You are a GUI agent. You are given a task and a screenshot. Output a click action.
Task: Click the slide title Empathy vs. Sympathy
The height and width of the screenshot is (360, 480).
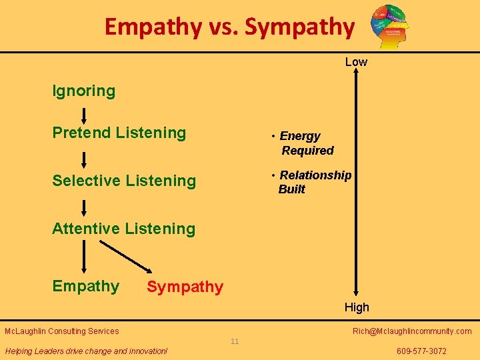pyautogui.click(x=229, y=27)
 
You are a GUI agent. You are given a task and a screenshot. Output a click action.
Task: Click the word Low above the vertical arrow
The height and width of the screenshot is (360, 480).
pyautogui.click(x=356, y=62)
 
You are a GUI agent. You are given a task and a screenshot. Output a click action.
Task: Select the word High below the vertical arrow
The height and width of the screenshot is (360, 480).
pyautogui.click(x=357, y=307)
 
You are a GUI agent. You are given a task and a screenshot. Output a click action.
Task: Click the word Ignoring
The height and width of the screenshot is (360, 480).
pyautogui.click(x=84, y=91)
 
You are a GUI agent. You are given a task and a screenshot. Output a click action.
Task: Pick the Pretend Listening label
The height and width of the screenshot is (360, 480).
pyautogui.click(x=119, y=133)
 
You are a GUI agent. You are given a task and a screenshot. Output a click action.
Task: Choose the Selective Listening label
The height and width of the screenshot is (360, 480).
pyautogui.click(x=124, y=181)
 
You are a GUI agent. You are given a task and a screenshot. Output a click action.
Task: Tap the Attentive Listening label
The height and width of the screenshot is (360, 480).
pyautogui.click(x=124, y=229)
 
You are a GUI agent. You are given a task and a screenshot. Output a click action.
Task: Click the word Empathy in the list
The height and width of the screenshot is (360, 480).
pyautogui.click(x=86, y=286)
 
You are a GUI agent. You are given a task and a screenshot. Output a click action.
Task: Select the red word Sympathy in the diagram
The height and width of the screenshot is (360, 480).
pyautogui.click(x=185, y=287)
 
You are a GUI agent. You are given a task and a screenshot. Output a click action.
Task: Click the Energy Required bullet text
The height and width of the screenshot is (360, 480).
pyautogui.click(x=305, y=143)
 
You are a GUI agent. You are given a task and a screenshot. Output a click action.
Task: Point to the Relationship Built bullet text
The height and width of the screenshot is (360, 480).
pyautogui.click(x=313, y=182)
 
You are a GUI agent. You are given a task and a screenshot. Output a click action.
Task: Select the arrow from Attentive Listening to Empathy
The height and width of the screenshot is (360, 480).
pyautogui.click(x=84, y=256)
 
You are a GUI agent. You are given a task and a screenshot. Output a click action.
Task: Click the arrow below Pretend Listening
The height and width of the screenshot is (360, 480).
pyautogui.click(x=84, y=159)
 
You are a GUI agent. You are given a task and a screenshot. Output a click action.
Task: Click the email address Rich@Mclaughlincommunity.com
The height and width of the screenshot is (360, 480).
pyautogui.click(x=412, y=331)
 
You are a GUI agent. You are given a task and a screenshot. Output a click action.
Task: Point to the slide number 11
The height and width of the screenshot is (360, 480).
pyautogui.click(x=235, y=342)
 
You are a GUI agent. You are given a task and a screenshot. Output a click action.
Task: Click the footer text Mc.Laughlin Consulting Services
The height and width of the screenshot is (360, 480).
pyautogui.click(x=62, y=331)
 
